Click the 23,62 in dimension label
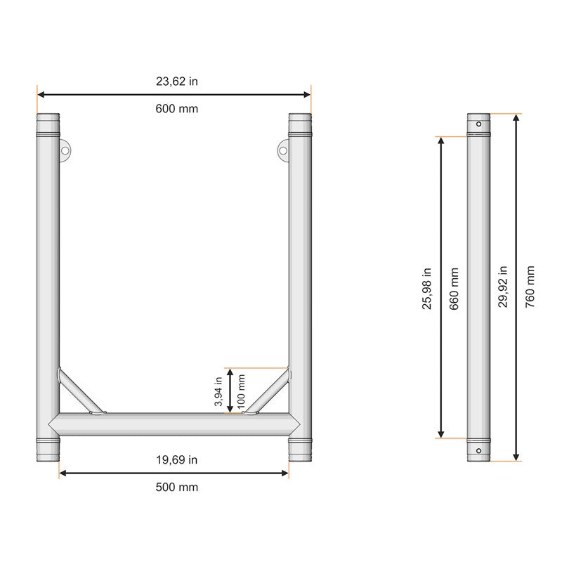(x=176, y=81)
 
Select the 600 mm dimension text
(x=176, y=109)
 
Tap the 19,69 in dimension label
(x=176, y=460)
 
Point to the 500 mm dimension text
(x=176, y=488)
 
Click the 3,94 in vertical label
(x=218, y=393)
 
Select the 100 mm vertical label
(x=241, y=393)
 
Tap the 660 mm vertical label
(x=454, y=288)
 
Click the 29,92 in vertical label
(x=503, y=288)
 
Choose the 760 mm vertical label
(x=530, y=288)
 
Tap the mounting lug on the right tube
(x=283, y=150)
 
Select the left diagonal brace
(x=81, y=391)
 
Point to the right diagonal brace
(x=268, y=392)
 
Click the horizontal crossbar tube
(x=174, y=424)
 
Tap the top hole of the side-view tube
(x=478, y=124)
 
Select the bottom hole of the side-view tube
(x=478, y=450)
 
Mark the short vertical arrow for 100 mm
(x=230, y=391)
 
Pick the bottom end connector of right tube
(x=300, y=449)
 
